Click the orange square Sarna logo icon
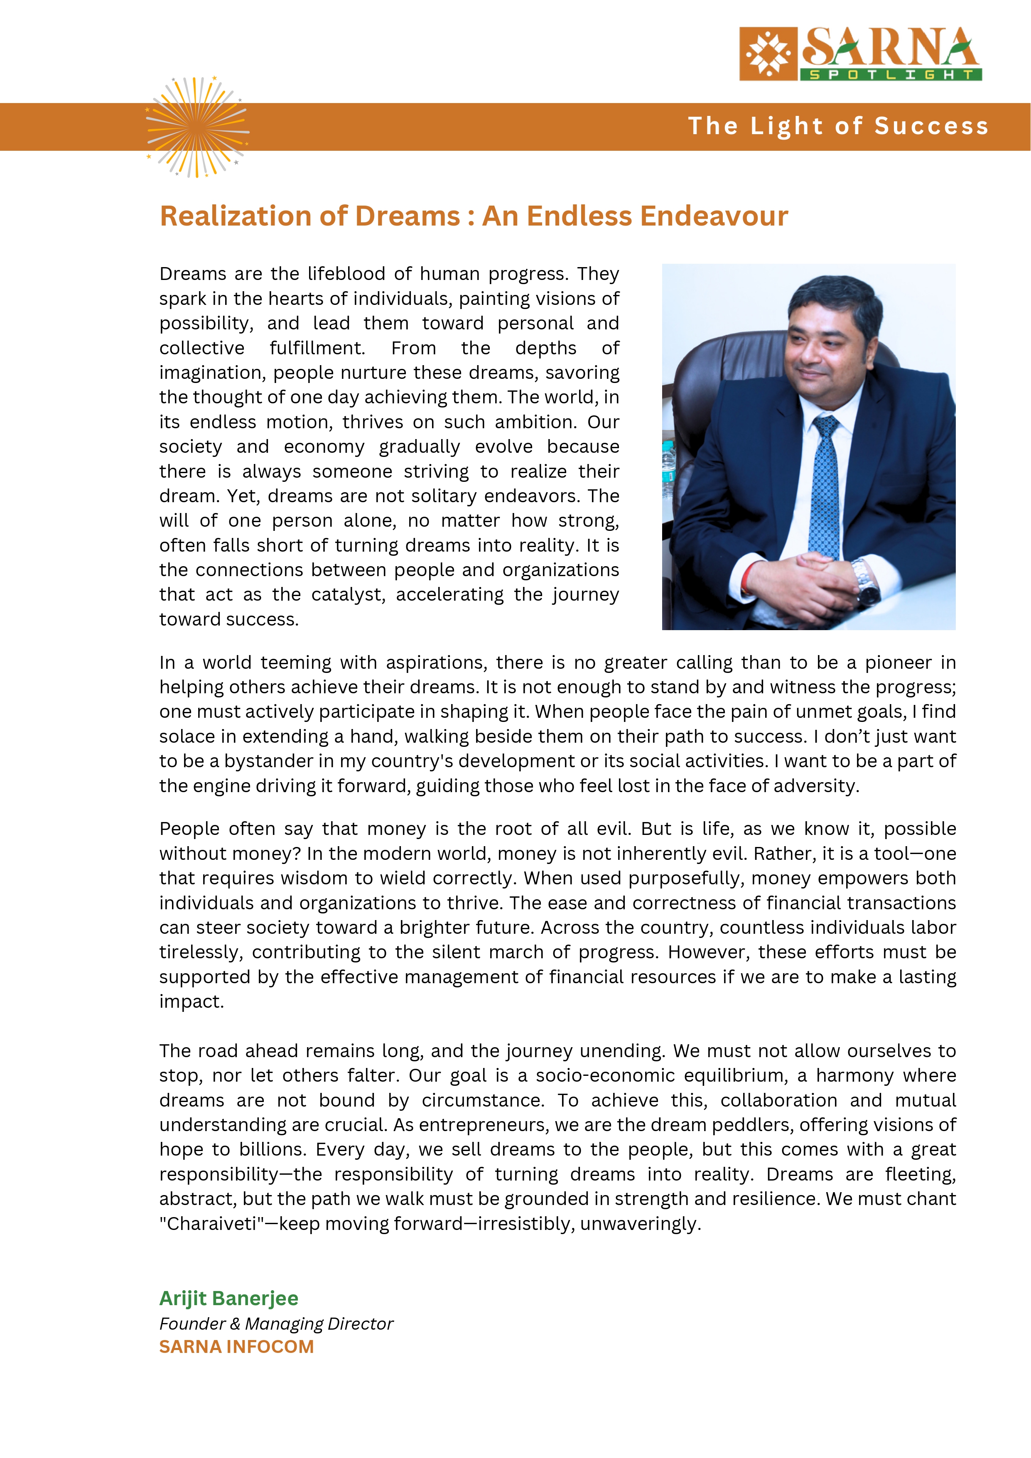tap(768, 54)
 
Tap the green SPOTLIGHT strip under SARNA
tap(891, 75)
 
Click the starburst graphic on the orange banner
tap(197, 127)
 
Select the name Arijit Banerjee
tap(228, 1298)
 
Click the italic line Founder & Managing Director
tap(276, 1323)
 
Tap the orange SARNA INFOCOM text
tap(236, 1346)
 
